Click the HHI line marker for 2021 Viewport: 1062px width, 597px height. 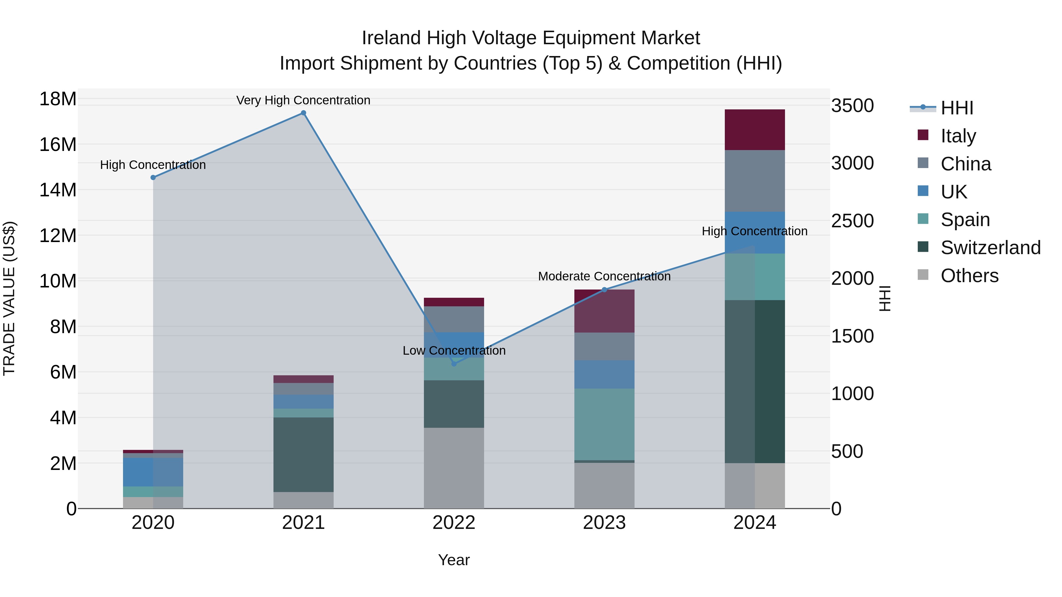click(304, 113)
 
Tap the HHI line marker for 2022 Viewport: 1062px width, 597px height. click(454, 364)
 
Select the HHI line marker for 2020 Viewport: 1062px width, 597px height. click(153, 177)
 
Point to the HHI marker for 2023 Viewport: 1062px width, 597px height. click(604, 290)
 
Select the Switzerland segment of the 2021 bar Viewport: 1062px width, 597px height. click(304, 454)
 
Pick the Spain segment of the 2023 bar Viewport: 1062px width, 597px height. click(604, 424)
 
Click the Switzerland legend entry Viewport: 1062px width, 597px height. click(990, 248)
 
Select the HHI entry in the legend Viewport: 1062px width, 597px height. click(956, 108)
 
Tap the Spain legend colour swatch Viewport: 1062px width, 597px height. click(923, 219)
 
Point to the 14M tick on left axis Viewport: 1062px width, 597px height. click(58, 190)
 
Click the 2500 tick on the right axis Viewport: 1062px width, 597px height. click(852, 221)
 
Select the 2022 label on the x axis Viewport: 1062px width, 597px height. click(454, 523)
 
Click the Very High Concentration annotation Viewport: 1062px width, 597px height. click(304, 100)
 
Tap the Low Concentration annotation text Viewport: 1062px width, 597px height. click(454, 351)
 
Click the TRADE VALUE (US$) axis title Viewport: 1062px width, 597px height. click(9, 298)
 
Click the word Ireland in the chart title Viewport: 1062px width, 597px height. click(392, 38)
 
